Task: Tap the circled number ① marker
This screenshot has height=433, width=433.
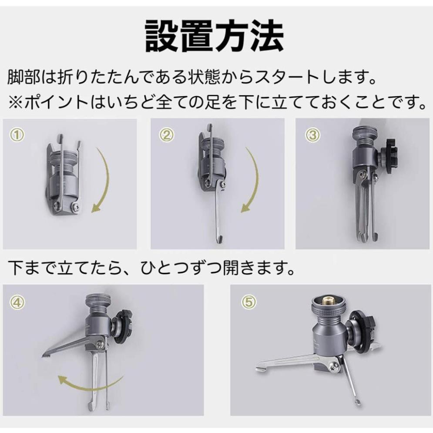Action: click(x=17, y=135)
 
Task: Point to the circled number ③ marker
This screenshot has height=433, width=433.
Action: click(x=312, y=135)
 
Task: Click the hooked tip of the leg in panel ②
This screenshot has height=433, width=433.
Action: click(x=220, y=238)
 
